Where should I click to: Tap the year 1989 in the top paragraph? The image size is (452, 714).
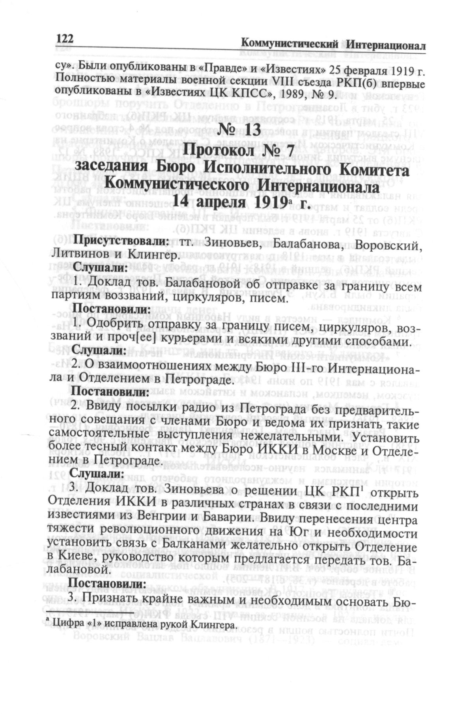(x=280, y=94)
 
